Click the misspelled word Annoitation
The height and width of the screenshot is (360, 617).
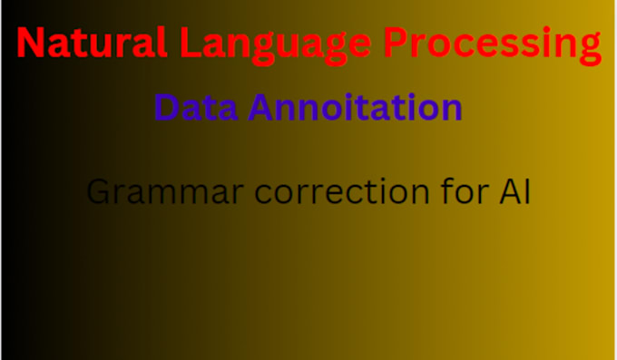coord(356,108)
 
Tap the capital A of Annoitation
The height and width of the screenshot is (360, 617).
coord(260,108)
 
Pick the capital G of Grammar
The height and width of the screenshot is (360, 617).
coord(97,192)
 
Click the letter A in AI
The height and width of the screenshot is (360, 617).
coord(511,192)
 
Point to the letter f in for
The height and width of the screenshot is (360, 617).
coord(443,191)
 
